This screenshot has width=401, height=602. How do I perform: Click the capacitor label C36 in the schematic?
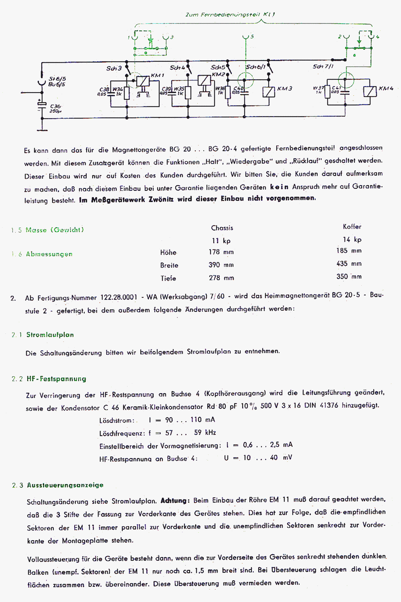55,107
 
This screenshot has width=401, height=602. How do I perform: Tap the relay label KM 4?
386,88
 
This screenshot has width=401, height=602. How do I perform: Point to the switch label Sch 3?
114,69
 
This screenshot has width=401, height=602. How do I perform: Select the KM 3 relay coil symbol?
269,92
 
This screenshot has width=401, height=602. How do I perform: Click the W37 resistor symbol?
327,92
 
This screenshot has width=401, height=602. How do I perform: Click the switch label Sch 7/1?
323,67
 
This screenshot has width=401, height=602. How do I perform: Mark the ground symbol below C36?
42,130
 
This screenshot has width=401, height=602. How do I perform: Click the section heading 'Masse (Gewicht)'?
55,230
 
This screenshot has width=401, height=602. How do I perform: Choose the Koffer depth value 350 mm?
349,277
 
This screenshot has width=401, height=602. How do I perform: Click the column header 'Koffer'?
352,227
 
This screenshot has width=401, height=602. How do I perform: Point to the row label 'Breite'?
169,265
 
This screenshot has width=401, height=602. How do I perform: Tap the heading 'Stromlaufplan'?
50,335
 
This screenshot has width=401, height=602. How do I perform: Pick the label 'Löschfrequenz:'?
122,433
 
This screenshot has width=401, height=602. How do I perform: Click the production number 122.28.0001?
119,297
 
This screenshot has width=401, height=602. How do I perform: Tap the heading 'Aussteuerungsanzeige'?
65,485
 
